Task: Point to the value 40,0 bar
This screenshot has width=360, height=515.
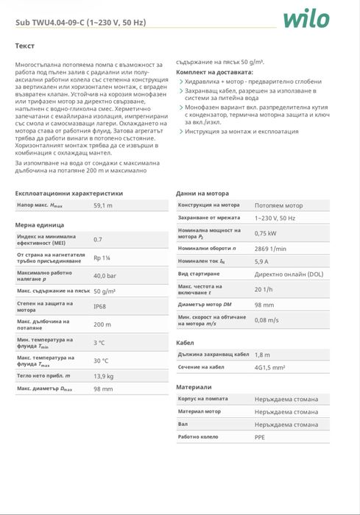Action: (105, 275)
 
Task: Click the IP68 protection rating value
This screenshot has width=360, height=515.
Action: (100, 306)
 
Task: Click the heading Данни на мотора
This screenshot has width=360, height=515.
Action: (202, 193)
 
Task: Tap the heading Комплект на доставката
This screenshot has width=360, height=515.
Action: (214, 72)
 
